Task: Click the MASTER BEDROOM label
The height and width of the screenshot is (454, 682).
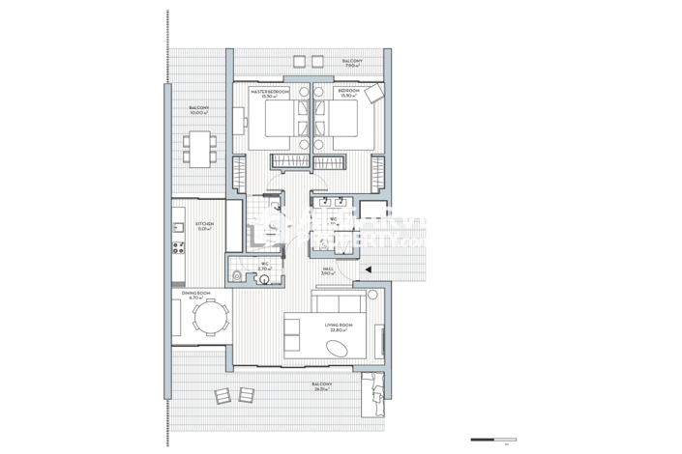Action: coord(268,92)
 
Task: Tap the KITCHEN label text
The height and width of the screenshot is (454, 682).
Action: coord(204,226)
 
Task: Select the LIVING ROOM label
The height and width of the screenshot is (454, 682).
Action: coord(340,328)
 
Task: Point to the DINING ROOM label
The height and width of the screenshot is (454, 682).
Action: coord(197,295)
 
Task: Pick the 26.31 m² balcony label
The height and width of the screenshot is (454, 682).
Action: coord(322,385)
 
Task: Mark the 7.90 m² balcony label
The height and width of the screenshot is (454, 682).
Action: coord(354,63)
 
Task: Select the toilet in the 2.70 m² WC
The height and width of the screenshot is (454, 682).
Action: coord(238,276)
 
